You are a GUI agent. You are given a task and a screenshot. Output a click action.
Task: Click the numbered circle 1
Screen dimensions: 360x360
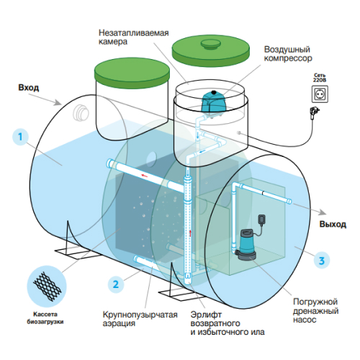(20, 137)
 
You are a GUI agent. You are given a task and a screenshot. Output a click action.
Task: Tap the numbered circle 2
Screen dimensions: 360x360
(116, 284)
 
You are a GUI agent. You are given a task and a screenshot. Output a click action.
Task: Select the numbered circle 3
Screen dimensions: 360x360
(322, 261)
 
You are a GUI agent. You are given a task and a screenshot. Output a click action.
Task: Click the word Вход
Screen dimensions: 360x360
(29, 88)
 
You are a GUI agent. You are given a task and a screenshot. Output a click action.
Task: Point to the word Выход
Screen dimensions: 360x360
(333, 225)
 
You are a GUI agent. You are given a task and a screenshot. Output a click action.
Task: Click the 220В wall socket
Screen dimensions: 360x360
(320, 94)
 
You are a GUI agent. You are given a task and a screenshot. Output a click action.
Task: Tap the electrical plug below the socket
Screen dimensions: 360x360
(315, 112)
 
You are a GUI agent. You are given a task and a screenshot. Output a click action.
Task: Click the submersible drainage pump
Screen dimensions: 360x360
(246, 245)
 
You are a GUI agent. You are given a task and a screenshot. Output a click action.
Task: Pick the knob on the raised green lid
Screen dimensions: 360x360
(210, 45)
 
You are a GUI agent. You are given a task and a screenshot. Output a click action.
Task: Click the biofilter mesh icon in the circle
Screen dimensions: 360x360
(47, 286)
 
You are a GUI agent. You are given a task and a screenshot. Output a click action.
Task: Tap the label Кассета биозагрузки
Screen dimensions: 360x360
(45, 318)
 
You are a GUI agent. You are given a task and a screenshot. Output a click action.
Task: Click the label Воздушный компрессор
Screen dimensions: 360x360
(288, 54)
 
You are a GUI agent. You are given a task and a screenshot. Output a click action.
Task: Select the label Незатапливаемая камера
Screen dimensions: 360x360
(134, 37)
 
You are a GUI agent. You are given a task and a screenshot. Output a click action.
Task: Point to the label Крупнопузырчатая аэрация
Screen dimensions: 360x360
(140, 319)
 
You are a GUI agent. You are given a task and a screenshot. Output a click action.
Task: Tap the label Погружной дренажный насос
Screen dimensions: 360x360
(315, 310)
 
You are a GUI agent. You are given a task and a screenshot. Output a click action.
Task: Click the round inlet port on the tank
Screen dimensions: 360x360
(81, 112)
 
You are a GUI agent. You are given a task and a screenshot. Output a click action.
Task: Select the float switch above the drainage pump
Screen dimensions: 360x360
(261, 220)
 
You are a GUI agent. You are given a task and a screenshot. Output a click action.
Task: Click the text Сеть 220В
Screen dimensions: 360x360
(320, 78)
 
